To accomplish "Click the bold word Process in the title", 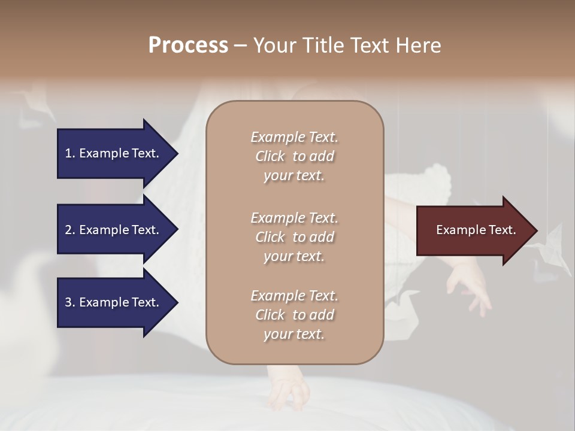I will (188, 45).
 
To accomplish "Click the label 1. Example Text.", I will (112, 153).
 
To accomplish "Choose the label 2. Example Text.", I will (112, 230).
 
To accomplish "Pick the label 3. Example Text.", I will (112, 302).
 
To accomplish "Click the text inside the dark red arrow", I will (476, 230).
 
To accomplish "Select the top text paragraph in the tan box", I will (294, 156).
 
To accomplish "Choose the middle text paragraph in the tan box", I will (294, 237).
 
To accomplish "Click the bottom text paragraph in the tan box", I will (294, 315).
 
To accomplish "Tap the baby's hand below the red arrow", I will (470, 287).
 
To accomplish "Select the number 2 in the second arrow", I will (68, 230).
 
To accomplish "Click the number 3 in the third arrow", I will (68, 302).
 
